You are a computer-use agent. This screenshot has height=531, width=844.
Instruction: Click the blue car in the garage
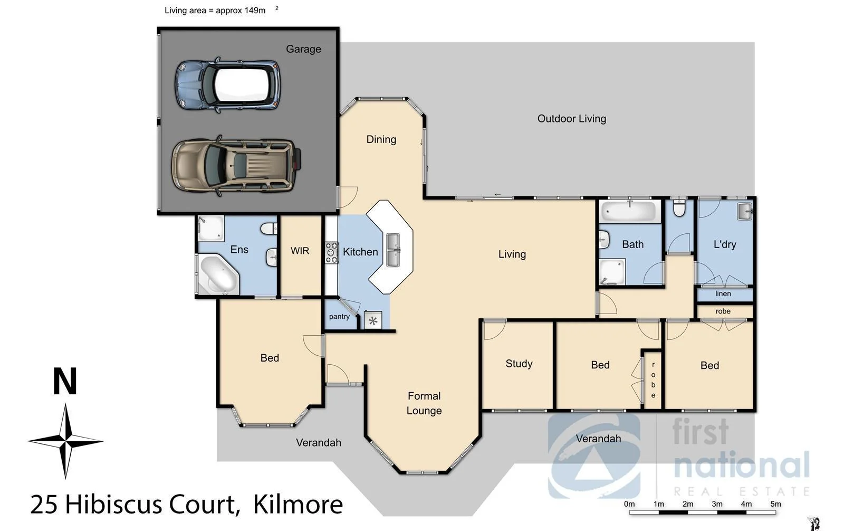227,85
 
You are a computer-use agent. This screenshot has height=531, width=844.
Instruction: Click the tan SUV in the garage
235,165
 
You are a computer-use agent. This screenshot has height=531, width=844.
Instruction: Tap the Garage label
303,49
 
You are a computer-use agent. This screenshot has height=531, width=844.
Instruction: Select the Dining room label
381,139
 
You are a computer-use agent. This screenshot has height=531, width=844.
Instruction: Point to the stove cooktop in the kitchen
331,252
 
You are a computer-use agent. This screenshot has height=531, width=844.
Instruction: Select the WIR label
300,251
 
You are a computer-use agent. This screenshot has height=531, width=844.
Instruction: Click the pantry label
339,317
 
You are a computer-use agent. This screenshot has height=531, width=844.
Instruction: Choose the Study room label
519,364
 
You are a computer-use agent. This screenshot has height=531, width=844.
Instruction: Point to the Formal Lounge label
424,403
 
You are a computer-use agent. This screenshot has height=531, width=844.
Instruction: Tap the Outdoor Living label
571,119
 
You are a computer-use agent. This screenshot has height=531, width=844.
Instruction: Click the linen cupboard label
723,294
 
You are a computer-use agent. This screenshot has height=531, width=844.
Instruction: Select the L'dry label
724,244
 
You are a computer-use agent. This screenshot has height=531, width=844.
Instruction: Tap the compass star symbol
65,441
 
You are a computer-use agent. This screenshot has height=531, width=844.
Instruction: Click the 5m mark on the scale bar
775,504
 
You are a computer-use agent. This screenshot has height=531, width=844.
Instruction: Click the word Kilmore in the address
298,504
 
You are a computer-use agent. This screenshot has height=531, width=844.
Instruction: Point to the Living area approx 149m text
215,11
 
